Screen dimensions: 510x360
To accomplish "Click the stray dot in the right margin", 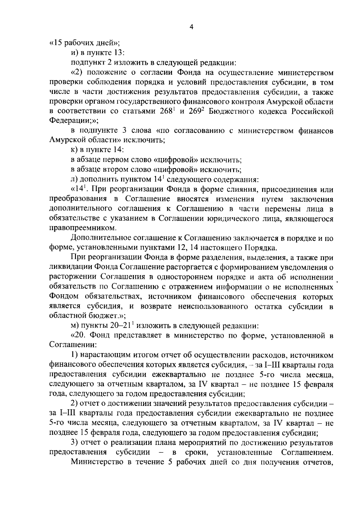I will click(338, 282).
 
